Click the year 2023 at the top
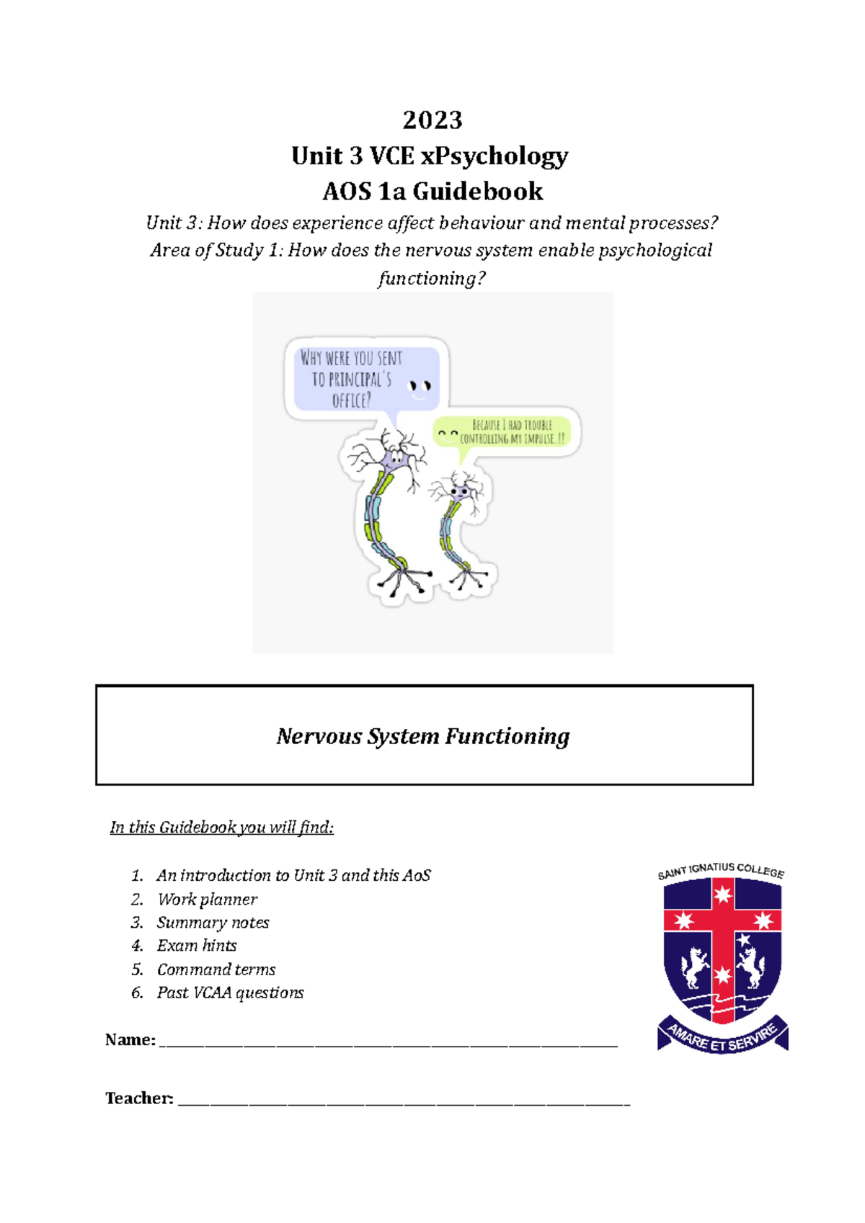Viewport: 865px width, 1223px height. [x=432, y=120]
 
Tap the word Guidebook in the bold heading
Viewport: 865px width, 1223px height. [x=477, y=192]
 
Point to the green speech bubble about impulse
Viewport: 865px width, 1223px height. [x=505, y=432]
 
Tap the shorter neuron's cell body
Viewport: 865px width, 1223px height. [x=458, y=492]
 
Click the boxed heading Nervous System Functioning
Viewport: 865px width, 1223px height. [x=423, y=736]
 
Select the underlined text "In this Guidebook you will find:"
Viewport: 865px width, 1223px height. [x=221, y=828]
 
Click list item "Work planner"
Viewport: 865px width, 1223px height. [x=207, y=900]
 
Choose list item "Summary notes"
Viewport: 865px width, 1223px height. [x=213, y=923]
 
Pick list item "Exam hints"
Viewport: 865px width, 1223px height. [x=197, y=946]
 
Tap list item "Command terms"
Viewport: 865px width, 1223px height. [x=216, y=969]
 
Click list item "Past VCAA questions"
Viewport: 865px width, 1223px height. [x=230, y=993]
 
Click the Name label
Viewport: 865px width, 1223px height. [x=130, y=1039]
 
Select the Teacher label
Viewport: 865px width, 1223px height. [x=139, y=1098]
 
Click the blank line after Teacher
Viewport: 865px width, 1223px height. [x=404, y=1102]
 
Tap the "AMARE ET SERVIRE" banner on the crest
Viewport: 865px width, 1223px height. [x=722, y=1037]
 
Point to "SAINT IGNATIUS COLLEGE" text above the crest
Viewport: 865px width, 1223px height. [x=721, y=870]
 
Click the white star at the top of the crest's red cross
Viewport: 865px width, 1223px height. [x=722, y=895]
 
